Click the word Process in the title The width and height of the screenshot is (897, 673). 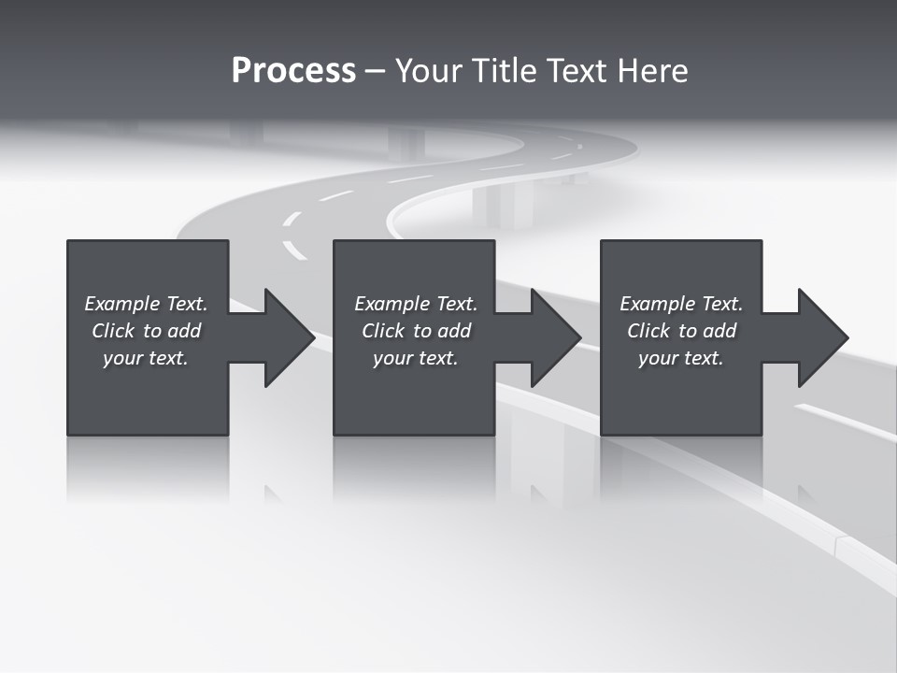[293, 71]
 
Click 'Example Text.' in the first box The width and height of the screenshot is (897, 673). [146, 304]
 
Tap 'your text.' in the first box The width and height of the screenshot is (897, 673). [146, 358]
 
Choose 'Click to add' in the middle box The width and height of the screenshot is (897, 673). [416, 331]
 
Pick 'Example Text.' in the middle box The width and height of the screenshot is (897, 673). [416, 304]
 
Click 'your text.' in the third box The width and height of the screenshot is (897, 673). [681, 358]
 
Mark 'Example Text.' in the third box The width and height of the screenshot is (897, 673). [681, 304]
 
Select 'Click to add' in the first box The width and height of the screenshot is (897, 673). [146, 331]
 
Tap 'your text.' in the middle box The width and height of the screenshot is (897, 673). [416, 358]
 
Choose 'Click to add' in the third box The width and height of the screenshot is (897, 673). [681, 331]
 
